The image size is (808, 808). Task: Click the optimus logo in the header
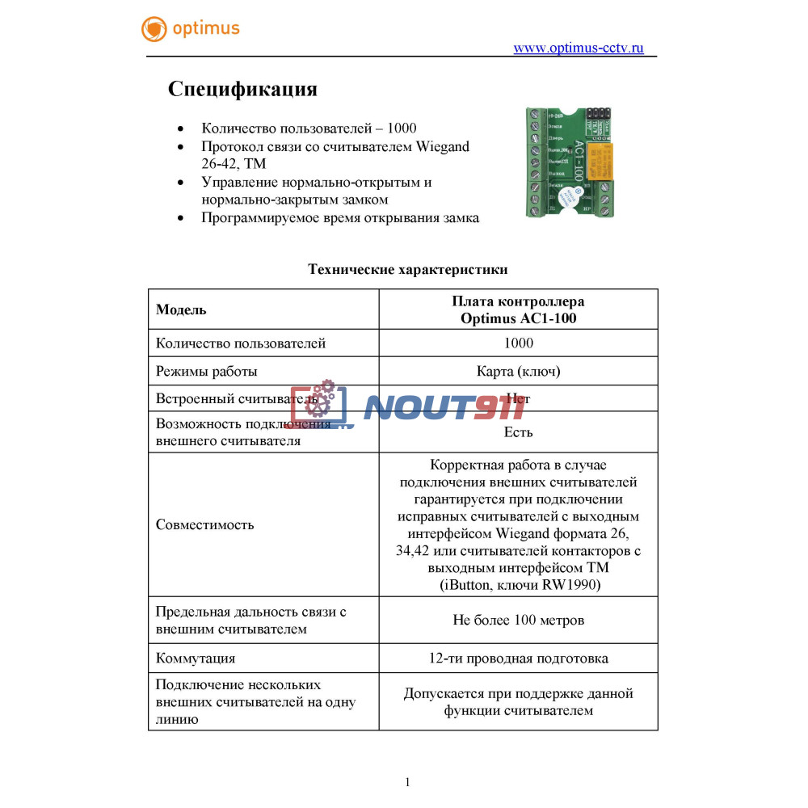[191, 29]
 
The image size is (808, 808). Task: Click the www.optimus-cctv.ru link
[579, 48]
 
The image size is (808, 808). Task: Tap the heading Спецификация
[242, 89]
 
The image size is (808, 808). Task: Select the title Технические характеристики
[407, 269]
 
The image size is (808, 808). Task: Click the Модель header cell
[181, 309]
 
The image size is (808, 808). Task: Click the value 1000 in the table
[518, 343]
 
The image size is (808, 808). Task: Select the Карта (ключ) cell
[518, 372]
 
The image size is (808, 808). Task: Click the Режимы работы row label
[207, 372]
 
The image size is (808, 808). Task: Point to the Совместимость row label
[204, 524]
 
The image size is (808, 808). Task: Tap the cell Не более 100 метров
[518, 621]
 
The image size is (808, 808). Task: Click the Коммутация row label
[196, 659]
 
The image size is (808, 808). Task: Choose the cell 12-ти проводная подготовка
[518, 659]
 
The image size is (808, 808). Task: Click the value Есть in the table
[518, 431]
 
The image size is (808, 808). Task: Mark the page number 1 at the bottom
[407, 781]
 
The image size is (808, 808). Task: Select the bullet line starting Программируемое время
[340, 218]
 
